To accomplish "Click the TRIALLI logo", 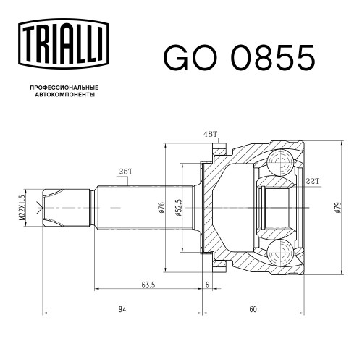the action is [x=63, y=43].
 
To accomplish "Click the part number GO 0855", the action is [x=239, y=58].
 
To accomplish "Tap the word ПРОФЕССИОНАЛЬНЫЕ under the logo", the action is [x=64, y=88].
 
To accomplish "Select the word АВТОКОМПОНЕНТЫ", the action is [x=65, y=95].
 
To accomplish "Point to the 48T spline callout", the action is [x=210, y=134].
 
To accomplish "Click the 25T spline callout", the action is [x=125, y=172].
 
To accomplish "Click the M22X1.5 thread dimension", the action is [x=22, y=208].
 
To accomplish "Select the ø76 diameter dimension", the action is [x=161, y=208].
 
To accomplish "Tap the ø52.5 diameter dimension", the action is [x=179, y=208].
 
